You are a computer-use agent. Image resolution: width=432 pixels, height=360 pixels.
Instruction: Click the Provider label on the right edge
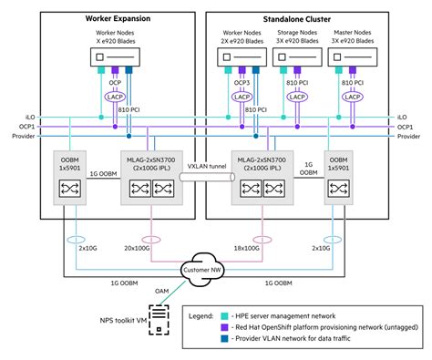click(x=409, y=136)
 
